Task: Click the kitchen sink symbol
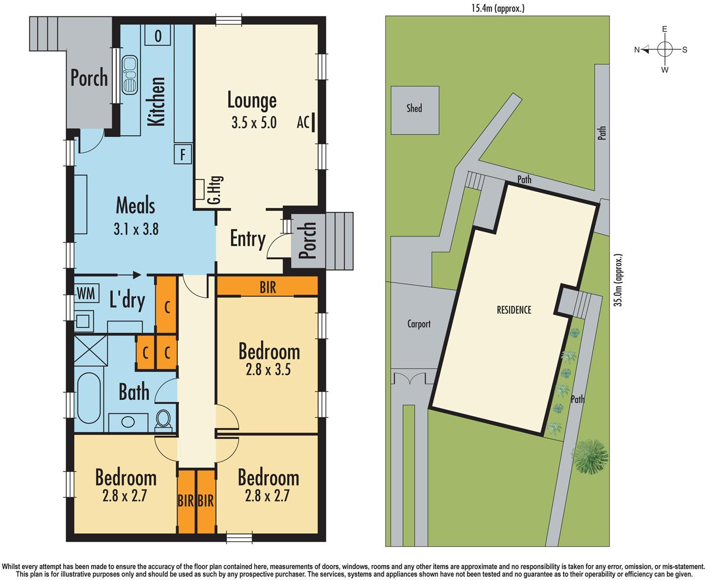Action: [x=129, y=75]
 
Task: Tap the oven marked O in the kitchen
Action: [x=158, y=36]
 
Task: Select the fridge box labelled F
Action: [x=183, y=155]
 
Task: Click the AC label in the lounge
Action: [x=303, y=123]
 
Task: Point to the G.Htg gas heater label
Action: [x=216, y=189]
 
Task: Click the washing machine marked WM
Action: [x=87, y=293]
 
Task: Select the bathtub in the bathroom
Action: [x=89, y=397]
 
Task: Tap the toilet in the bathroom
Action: [x=164, y=419]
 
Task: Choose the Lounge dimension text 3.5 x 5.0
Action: [x=254, y=123]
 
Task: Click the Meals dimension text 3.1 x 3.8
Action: [x=136, y=229]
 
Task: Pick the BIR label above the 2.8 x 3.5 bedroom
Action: [x=268, y=287]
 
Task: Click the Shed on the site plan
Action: [x=414, y=110]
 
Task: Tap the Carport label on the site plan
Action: [x=419, y=324]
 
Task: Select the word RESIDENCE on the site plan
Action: [x=514, y=310]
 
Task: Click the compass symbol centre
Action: [x=665, y=49]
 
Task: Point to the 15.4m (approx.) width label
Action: [x=497, y=8]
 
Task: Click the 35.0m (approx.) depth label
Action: [x=618, y=280]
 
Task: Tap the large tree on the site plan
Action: [x=590, y=456]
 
